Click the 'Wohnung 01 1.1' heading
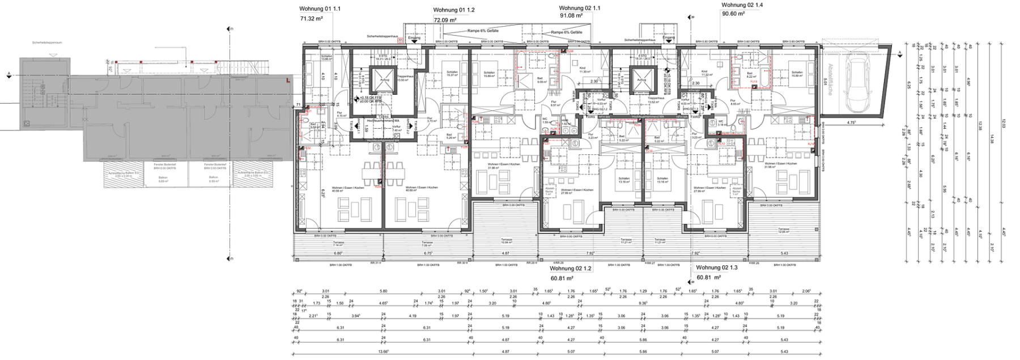pyautogui.click(x=320, y=9)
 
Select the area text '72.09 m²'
pyautogui.click(x=445, y=20)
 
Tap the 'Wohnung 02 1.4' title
pyautogui.click(x=742, y=5)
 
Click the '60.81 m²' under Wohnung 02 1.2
pyautogui.click(x=562, y=278)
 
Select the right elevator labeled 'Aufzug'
pyautogui.click(x=641, y=80)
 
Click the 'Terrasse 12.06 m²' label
pyautogui.click(x=783, y=231)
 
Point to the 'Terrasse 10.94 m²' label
pyautogui.click(x=506, y=241)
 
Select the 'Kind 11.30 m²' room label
pyautogui.click(x=585, y=70)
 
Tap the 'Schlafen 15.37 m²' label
pyautogui.click(x=452, y=74)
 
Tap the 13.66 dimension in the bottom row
pyautogui.click(x=383, y=351)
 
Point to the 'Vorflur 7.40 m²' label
pyautogui.click(x=397, y=128)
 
